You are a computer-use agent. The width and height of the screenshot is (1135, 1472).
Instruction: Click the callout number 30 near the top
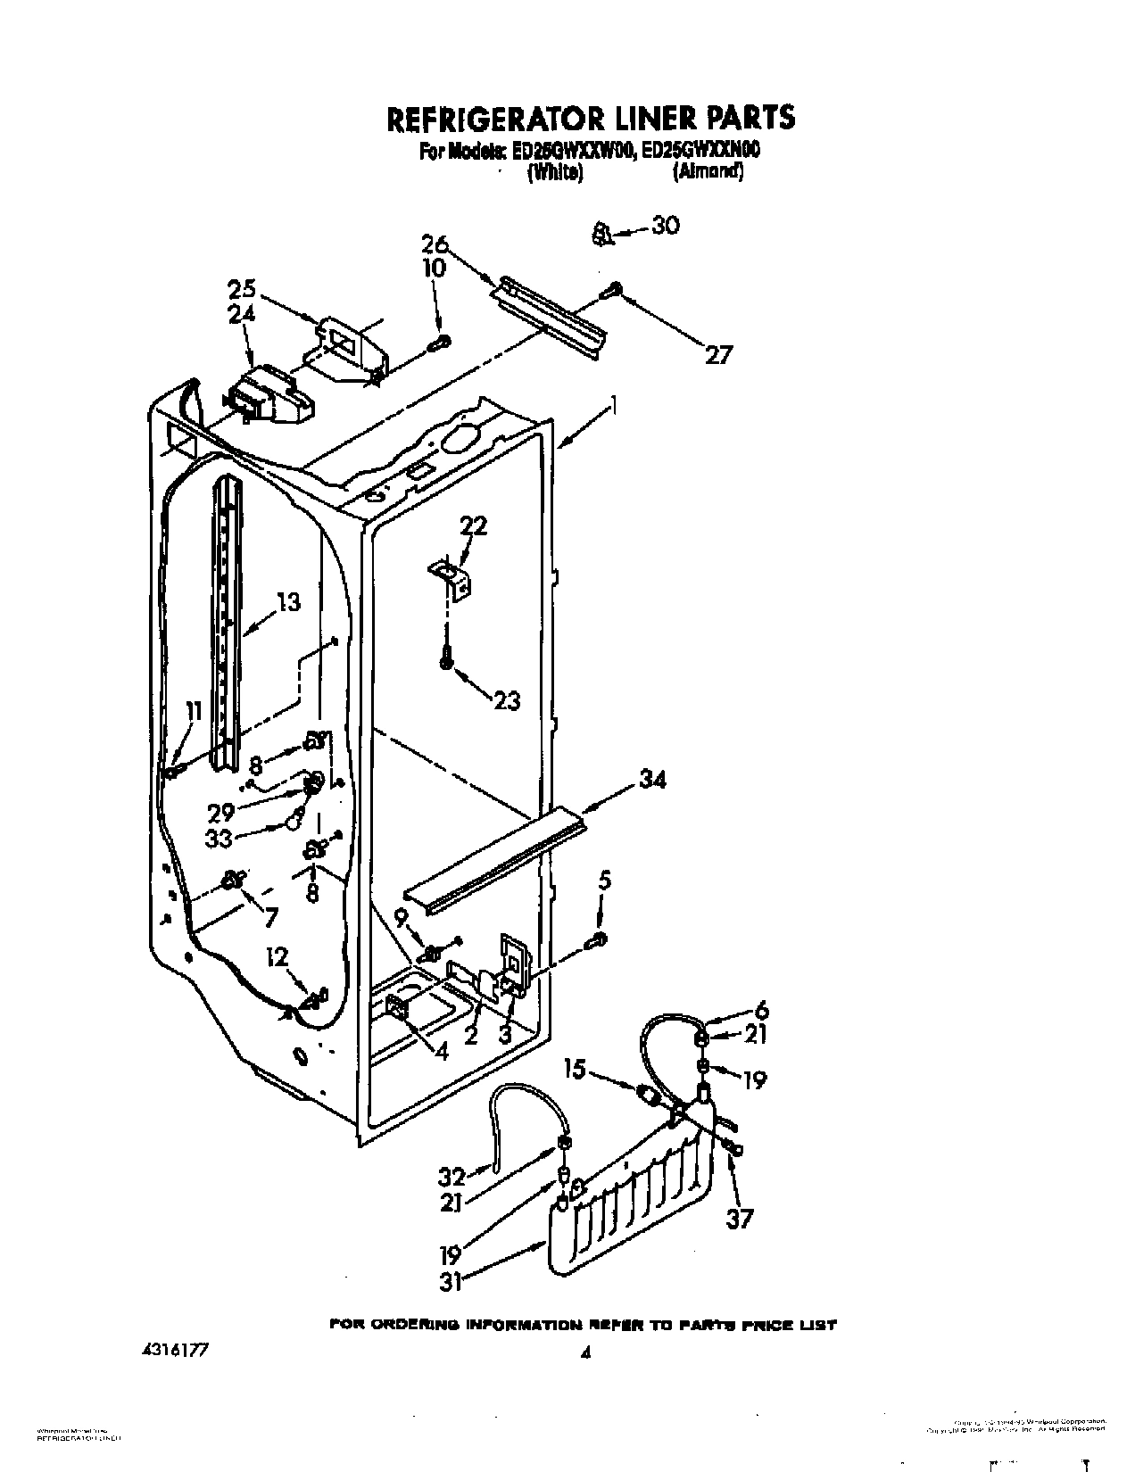(x=665, y=225)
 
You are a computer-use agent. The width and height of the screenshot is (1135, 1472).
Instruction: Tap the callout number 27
(x=717, y=355)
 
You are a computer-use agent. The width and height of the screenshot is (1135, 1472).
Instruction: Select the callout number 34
(x=651, y=781)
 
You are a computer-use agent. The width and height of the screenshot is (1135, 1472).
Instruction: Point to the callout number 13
(x=287, y=603)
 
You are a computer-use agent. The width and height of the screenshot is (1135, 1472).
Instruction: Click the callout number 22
(x=473, y=526)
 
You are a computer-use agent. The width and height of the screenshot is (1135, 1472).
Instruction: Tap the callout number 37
(x=739, y=1219)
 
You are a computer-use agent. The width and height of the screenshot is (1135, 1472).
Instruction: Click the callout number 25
(x=241, y=290)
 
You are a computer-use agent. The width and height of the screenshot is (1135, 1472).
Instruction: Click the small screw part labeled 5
(x=599, y=939)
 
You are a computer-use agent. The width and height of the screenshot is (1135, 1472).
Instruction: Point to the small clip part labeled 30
(x=602, y=235)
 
